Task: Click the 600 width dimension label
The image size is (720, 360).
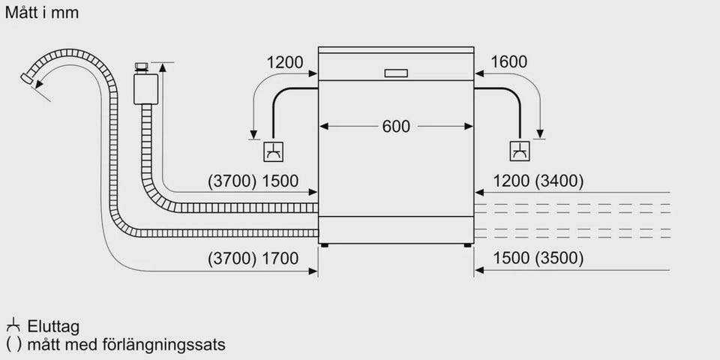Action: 396,127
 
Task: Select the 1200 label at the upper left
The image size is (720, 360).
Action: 285,62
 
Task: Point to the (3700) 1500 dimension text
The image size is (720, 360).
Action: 253,181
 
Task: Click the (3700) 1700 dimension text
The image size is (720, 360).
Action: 253,259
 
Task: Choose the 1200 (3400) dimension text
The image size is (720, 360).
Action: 538,181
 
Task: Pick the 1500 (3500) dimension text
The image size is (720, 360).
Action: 538,259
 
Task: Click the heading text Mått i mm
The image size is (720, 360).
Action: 41,13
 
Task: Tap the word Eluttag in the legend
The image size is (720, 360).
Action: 53,327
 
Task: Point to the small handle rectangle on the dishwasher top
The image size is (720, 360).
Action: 395,73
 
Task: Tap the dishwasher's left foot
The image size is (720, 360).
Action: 324,244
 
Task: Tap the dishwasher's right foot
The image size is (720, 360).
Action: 468,244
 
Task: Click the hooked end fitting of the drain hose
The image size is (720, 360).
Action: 30,78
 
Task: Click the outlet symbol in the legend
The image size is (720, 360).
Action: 13,326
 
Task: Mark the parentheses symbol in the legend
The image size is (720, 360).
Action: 13,345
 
